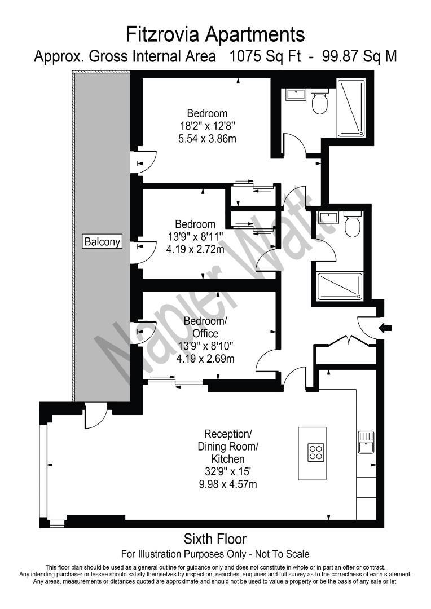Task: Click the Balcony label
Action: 102,241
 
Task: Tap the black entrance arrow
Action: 389,328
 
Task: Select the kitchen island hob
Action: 315,452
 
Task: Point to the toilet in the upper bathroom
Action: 320,101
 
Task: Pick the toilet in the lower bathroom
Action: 353,225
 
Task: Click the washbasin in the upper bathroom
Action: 296,94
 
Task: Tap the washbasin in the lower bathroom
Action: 327,218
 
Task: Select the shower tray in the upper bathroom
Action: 351,108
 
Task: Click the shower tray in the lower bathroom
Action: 339,286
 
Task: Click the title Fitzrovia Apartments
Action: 215,34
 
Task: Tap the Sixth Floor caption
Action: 215,539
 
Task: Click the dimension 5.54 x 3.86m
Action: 204,138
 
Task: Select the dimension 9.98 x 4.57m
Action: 228,484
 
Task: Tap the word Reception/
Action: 227,434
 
